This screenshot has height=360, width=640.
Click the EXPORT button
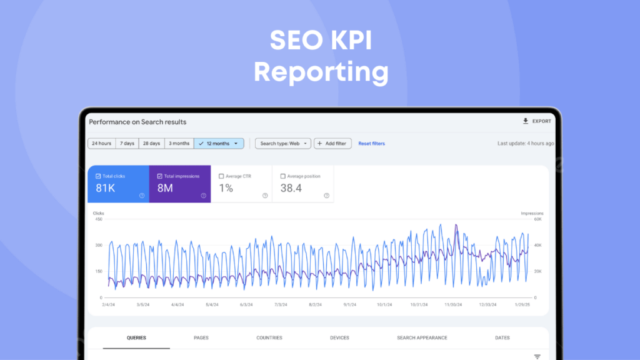tap(537, 121)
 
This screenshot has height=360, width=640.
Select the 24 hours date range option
tap(101, 143)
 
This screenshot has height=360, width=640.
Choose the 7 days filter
tap(127, 143)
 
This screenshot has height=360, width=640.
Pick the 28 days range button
tap(151, 143)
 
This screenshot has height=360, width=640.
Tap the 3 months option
tap(179, 143)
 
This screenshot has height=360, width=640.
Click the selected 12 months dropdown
tap(219, 143)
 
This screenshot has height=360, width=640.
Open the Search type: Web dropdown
tap(282, 143)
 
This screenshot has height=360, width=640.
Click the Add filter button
tap(332, 143)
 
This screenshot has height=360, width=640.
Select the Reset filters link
tap(371, 143)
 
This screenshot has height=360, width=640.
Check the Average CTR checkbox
tap(221, 176)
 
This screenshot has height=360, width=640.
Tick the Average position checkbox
tap(283, 176)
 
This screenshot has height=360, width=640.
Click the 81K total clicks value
tap(106, 188)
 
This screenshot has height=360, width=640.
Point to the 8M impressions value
tap(165, 188)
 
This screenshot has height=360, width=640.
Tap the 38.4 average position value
tap(291, 188)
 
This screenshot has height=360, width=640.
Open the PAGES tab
tap(201, 337)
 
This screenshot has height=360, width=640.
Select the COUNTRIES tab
tap(269, 337)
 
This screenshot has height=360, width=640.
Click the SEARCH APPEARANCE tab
tap(422, 337)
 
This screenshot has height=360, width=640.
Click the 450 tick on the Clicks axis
tap(99, 219)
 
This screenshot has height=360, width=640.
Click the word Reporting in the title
tap(321, 71)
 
